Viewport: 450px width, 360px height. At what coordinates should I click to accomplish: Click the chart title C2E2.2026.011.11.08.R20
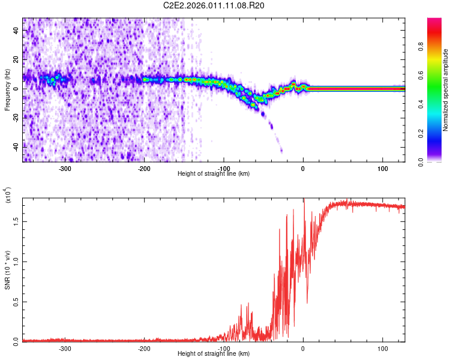(x=214, y=5)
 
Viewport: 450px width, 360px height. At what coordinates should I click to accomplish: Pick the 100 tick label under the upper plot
(x=382, y=169)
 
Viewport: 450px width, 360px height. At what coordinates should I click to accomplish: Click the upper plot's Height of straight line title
(x=214, y=174)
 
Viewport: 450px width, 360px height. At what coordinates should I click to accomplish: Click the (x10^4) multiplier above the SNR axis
(x=8, y=196)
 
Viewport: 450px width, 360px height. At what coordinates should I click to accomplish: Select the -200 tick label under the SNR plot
(x=144, y=348)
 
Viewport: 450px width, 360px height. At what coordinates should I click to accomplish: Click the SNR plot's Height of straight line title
(x=214, y=354)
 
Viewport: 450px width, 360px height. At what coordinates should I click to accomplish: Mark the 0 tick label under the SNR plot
(x=303, y=348)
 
